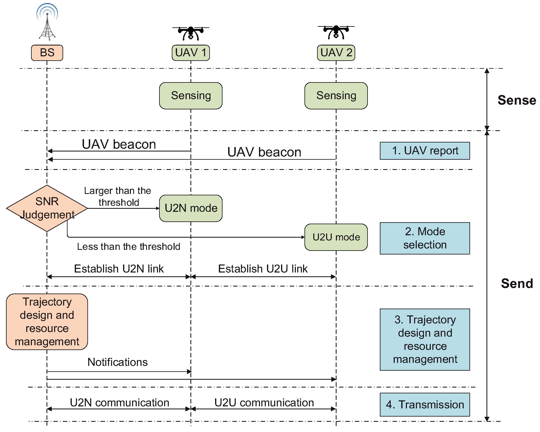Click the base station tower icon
coord(47,22)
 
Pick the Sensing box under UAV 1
coord(191,96)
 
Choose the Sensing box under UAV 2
coord(336,96)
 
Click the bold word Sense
coord(517,100)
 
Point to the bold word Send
coord(517,284)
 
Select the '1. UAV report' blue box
coord(425,151)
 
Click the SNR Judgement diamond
coord(47,208)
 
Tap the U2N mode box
coord(191,208)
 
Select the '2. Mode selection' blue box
coord(425,238)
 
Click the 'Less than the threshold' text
coord(128,247)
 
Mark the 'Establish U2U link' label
coord(263,269)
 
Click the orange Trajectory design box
coord(47,322)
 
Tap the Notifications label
coord(117,362)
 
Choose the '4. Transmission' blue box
coord(425,405)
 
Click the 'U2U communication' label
coord(264,403)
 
